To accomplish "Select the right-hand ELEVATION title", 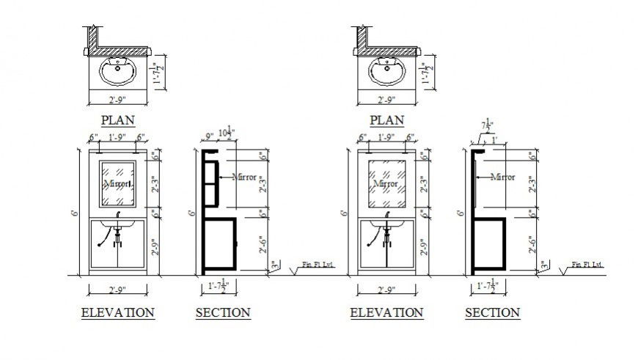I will point(386,313).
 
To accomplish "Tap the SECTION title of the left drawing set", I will point(223,313).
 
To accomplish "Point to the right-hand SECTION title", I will point(492,313).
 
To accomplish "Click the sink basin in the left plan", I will point(117,73).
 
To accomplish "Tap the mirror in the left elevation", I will point(117,183).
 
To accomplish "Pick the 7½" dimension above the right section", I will point(486,126).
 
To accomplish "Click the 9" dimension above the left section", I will point(210,136).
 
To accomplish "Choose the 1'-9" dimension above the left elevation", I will point(117,137).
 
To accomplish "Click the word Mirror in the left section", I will point(245,177).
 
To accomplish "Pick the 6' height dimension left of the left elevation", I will point(74,213).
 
